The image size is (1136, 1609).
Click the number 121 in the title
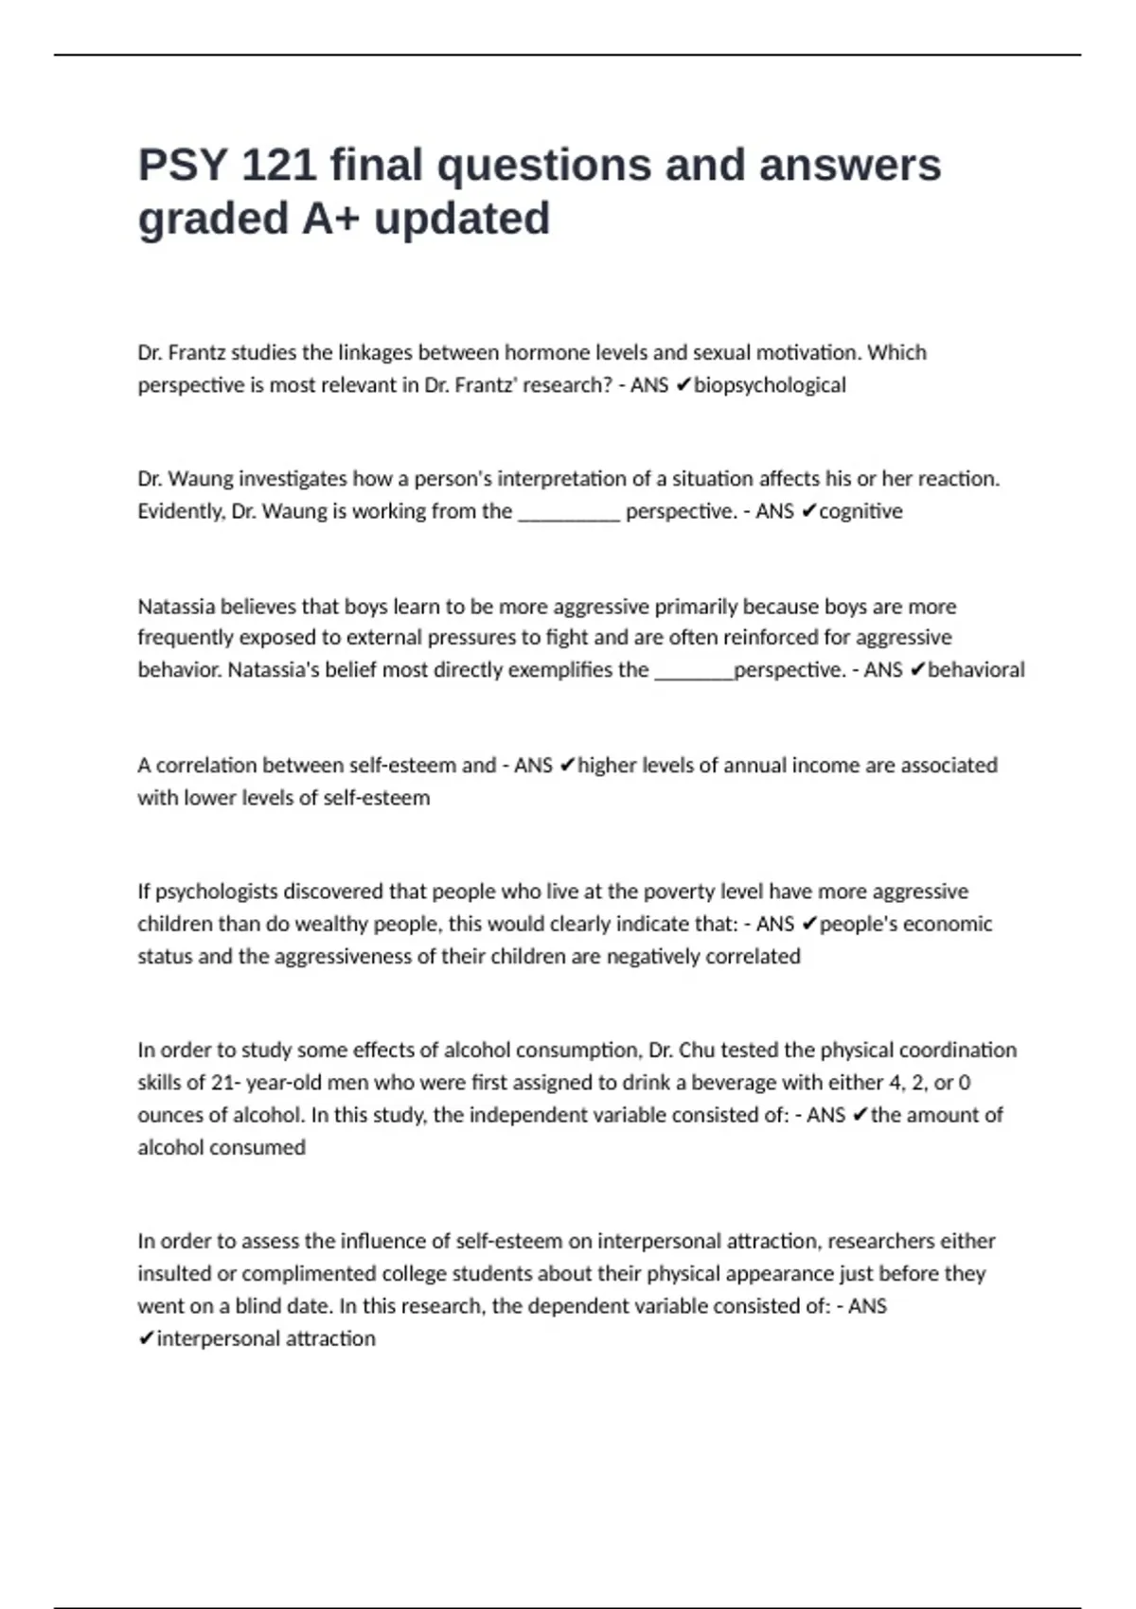point(278,166)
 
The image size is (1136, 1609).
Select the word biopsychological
point(770,385)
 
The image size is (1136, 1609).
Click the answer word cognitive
point(861,511)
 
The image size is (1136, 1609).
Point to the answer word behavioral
point(976,670)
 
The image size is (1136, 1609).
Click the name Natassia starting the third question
point(176,607)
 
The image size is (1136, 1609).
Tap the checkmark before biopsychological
point(683,385)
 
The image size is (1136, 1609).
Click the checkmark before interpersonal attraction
point(146,1338)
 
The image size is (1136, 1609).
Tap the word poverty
point(676,892)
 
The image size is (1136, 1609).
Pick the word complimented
point(296,1274)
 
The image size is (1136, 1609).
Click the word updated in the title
point(462,220)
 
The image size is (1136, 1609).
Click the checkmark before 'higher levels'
point(567,766)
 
